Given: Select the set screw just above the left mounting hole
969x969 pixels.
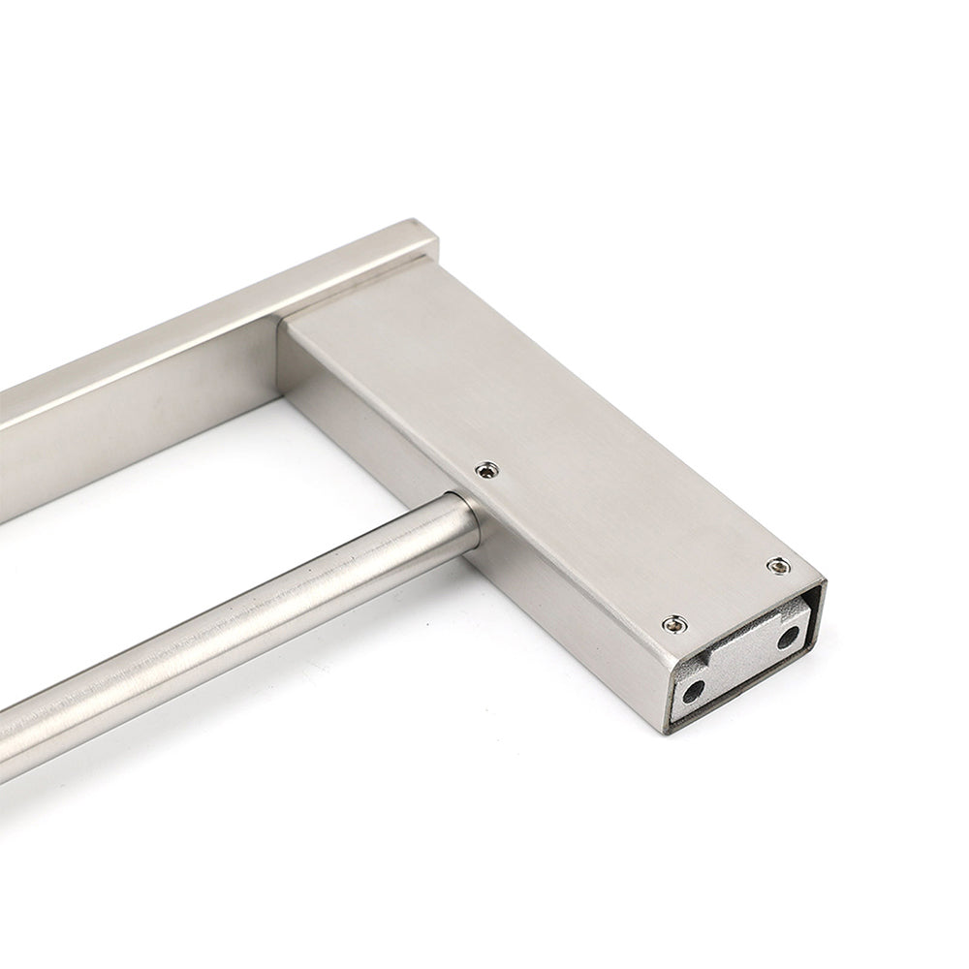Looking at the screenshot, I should pyautogui.click(x=669, y=624).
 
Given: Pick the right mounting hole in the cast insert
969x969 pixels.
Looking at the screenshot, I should pyautogui.click(x=788, y=636).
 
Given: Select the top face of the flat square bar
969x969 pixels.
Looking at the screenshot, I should pyautogui.click(x=194, y=329).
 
